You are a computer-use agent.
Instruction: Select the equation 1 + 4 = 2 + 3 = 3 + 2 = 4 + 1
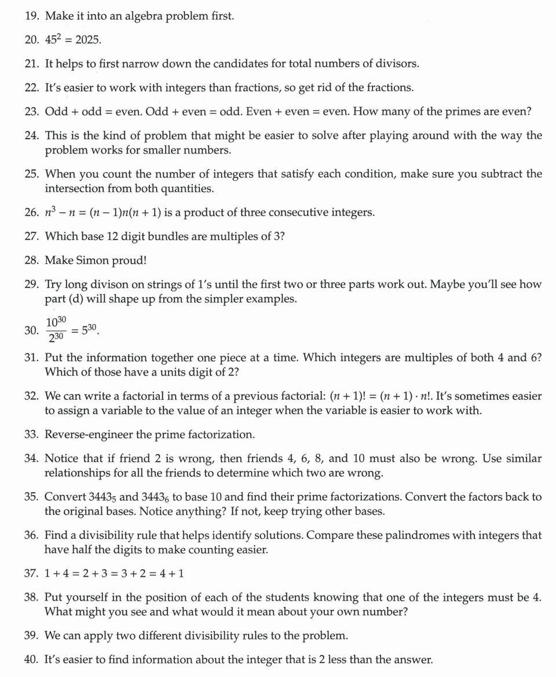(114, 573)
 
